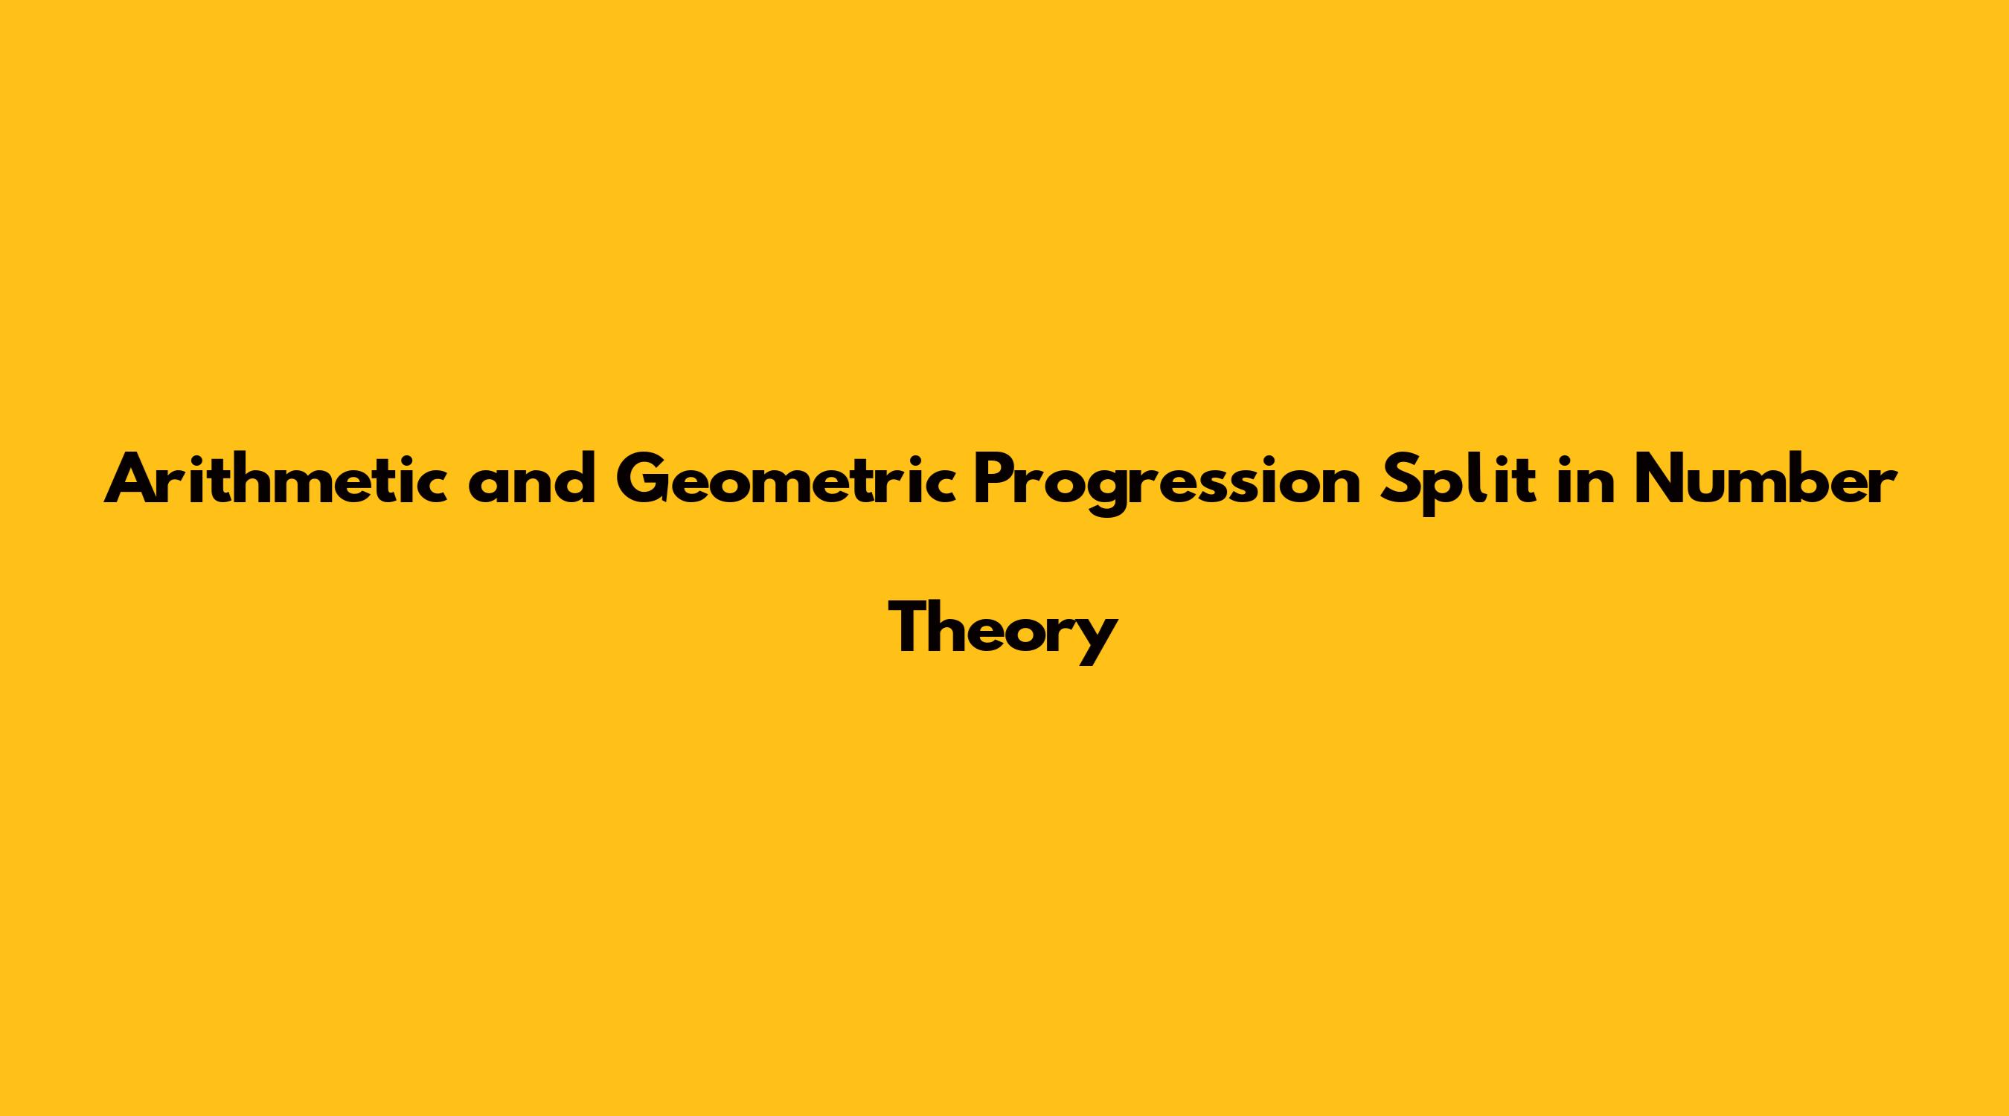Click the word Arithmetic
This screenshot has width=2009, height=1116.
276,478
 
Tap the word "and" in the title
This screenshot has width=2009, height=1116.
532,478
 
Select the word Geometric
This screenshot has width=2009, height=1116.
786,478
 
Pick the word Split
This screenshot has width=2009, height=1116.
1457,483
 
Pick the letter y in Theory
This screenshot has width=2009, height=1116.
1097,645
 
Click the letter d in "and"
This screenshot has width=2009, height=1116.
577,478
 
